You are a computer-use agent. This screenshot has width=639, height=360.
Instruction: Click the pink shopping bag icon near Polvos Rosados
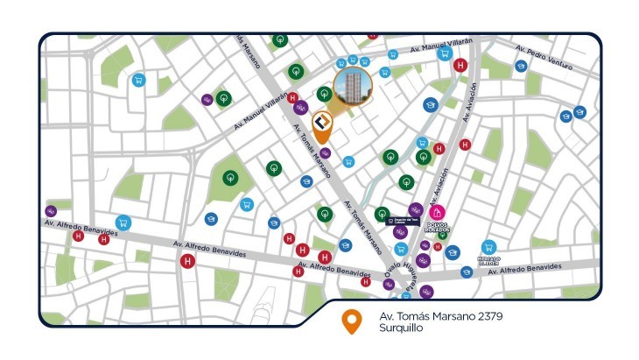click(438, 212)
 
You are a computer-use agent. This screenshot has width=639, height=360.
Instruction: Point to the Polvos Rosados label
click(438, 226)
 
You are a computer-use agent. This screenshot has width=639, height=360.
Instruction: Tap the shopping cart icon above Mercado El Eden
click(488, 248)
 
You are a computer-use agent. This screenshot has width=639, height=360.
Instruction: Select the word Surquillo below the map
click(401, 328)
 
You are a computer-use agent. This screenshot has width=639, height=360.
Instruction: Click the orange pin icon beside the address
click(351, 321)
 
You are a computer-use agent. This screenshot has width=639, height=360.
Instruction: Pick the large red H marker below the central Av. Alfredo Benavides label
click(186, 261)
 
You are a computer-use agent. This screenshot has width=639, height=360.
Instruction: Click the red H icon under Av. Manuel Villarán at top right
click(460, 64)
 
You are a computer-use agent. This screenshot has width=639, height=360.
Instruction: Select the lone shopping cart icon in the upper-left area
click(137, 80)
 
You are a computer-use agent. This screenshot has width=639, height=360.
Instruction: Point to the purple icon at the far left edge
click(51, 211)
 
